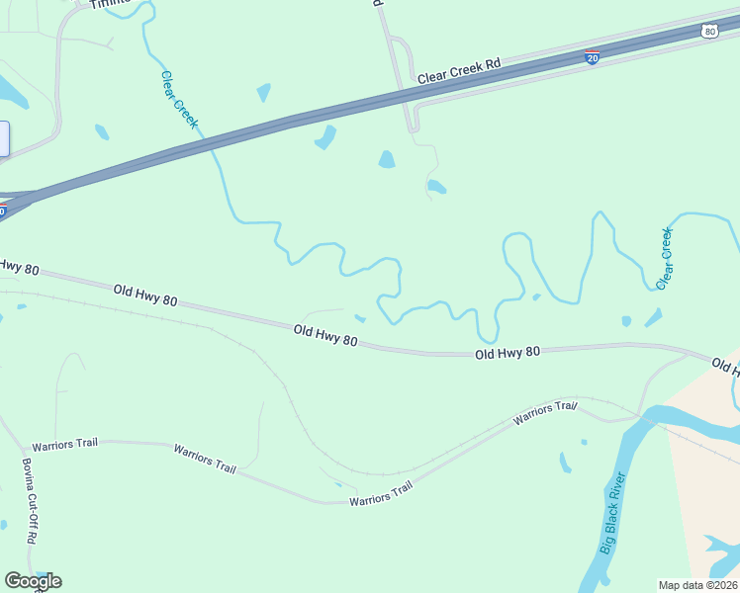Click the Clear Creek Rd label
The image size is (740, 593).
point(459,70)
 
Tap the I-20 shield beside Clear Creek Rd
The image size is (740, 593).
point(592,57)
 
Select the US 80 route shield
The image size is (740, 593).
point(708,32)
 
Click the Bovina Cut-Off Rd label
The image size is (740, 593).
point(29,501)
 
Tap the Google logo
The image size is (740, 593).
point(33,581)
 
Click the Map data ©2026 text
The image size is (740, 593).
point(697,585)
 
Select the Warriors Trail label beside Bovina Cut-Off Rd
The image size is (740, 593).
point(65,445)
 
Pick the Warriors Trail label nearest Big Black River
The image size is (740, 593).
point(544,414)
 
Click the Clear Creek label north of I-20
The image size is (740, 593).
point(179,100)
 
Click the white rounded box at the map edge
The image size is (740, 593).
point(3,138)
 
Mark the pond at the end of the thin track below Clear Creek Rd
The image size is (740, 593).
point(435,187)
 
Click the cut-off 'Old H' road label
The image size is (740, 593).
point(725,367)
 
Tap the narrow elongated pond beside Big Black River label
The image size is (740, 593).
point(565,462)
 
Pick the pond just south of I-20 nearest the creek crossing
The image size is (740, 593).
point(325,137)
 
